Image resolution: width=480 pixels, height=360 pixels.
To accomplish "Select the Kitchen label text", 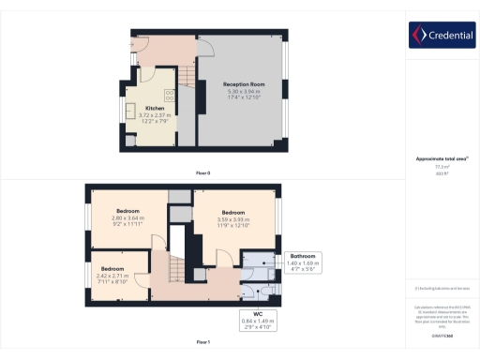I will (155, 108).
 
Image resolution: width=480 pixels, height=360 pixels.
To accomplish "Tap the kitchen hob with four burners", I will (170, 94).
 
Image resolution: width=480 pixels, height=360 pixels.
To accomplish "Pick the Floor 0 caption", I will (202, 173).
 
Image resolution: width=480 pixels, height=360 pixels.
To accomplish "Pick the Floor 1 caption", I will (202, 342).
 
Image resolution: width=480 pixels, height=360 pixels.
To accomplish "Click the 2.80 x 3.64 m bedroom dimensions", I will (127, 218).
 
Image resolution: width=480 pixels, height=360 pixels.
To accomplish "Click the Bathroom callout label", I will (303, 256).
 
